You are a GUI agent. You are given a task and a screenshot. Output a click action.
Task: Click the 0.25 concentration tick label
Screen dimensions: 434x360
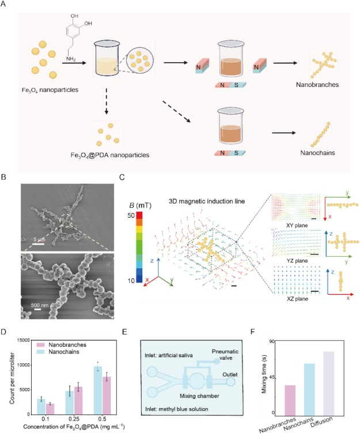pyautogui.click(x=71, y=420)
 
